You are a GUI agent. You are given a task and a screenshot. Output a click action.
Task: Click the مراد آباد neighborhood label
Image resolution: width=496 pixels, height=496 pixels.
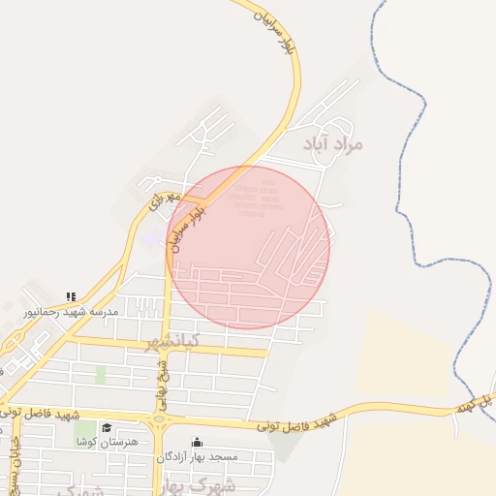pyautogui.click(x=332, y=143)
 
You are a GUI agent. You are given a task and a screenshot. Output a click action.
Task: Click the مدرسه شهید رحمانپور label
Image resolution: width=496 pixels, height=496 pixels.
pyautogui.click(x=72, y=312)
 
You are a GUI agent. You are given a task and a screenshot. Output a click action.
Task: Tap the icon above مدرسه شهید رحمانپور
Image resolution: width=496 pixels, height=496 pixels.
pyautogui.click(x=70, y=296)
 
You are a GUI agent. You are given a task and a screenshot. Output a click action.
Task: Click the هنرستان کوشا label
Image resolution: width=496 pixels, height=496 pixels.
pyautogui.click(x=108, y=442)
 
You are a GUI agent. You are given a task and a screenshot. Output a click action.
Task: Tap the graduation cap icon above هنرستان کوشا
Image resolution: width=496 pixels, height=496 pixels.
pyautogui.click(x=107, y=428)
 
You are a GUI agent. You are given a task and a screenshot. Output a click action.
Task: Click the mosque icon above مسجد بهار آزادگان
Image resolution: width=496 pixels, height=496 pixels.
pyautogui.click(x=198, y=442)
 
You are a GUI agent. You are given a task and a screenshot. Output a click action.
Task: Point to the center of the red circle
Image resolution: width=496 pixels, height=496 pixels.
pyautogui.click(x=248, y=247)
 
